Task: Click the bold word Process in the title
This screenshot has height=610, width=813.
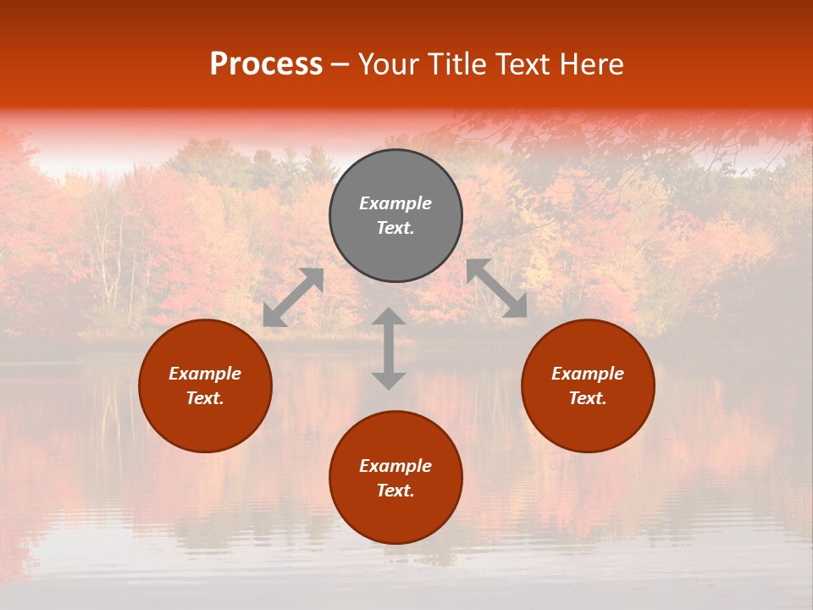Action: click(266, 64)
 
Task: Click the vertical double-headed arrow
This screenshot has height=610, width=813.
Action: click(389, 348)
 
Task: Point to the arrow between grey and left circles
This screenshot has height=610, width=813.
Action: click(293, 297)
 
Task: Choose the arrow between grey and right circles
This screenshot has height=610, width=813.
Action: click(496, 288)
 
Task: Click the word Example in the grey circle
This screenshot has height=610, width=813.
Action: click(395, 203)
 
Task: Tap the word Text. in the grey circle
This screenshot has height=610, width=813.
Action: click(395, 228)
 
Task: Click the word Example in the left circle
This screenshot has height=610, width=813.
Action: click(205, 374)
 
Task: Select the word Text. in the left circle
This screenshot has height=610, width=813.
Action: click(205, 398)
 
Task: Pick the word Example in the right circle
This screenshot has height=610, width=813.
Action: click(588, 374)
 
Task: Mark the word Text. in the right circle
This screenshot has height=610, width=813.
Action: click(588, 398)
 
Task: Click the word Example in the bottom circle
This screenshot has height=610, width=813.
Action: click(395, 466)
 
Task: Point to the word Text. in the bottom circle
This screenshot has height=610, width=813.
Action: click(395, 491)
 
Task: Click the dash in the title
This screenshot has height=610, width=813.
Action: click(340, 65)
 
